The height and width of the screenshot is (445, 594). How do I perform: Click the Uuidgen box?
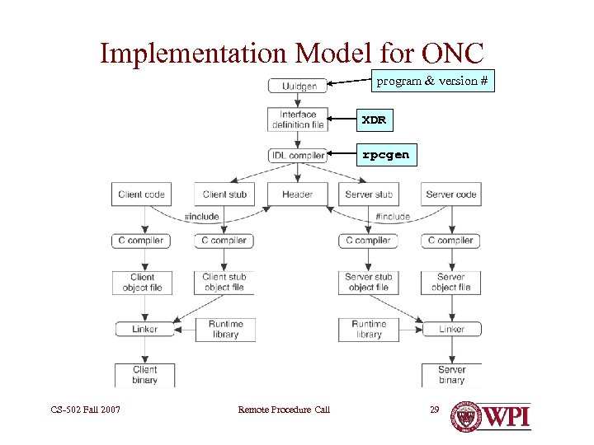tap(298, 86)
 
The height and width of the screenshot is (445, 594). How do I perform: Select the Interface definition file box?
tap(298, 119)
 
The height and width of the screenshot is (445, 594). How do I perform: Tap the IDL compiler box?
tap(298, 155)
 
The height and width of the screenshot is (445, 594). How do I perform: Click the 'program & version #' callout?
tap(431, 81)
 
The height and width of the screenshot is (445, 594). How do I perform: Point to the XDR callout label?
tap(374, 120)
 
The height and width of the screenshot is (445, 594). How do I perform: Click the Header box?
tap(297, 194)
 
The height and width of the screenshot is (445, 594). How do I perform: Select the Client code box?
tap(142, 194)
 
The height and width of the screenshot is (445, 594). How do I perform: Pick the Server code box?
tap(451, 194)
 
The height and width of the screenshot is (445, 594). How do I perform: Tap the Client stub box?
tap(224, 194)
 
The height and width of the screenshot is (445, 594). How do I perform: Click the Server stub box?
tap(369, 194)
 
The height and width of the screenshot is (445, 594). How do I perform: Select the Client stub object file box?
tap(224, 283)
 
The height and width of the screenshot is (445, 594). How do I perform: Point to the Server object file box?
tap(451, 283)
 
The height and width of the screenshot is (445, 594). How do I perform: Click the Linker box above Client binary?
tap(145, 329)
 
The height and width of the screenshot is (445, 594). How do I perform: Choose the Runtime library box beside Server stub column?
tap(369, 329)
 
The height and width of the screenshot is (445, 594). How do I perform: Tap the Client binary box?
tap(145, 375)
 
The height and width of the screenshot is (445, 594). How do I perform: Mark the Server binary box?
tap(451, 375)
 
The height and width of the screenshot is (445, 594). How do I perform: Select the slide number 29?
tap(434, 409)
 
